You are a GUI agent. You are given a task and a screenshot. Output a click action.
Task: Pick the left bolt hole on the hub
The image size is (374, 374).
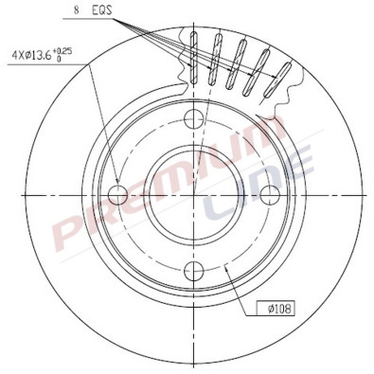coord(119,195)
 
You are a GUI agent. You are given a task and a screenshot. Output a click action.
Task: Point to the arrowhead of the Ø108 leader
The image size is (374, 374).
coord(231,266)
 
